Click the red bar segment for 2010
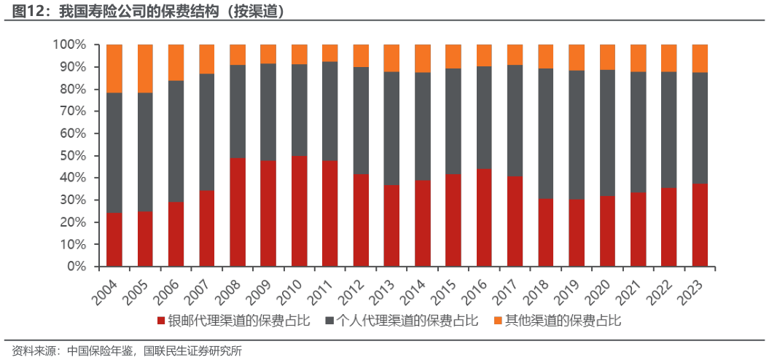point(300,211)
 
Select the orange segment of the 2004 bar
point(114,69)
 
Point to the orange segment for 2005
point(145,69)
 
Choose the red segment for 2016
point(484,218)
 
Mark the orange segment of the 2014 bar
point(423,58)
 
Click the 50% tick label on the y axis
point(71,156)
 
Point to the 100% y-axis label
point(69,45)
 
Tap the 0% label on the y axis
point(76,267)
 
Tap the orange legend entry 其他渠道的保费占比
point(557,321)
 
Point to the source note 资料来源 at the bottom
point(127,351)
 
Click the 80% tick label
point(71,90)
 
